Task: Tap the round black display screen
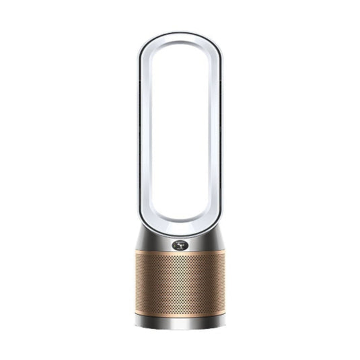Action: (179, 246)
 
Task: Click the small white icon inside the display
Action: (179, 246)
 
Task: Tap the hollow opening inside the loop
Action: (180, 135)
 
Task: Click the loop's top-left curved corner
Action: (151, 50)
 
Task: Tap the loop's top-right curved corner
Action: (208, 50)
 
